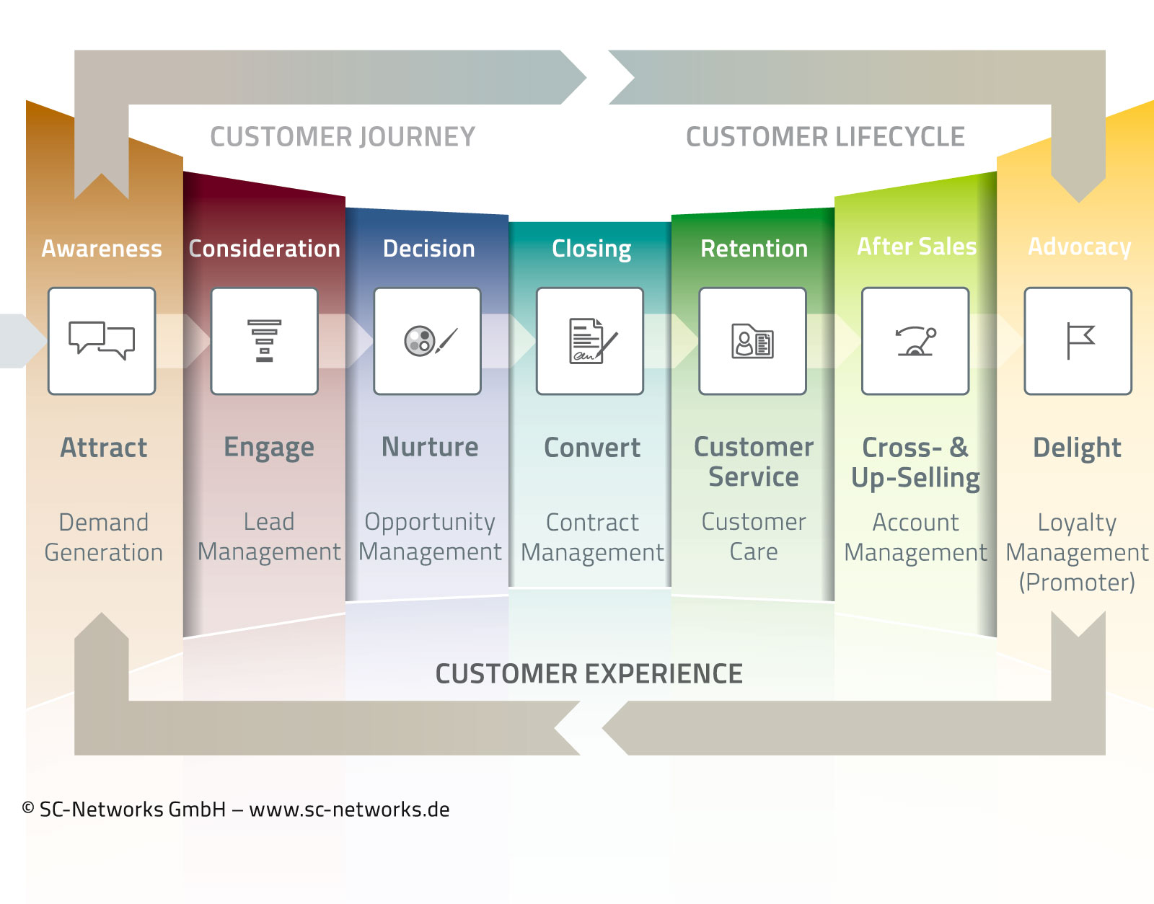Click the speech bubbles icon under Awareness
(102, 340)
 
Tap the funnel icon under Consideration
(265, 340)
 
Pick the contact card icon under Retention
(753, 341)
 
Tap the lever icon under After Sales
(915, 341)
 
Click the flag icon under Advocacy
(1079, 341)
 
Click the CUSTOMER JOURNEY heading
(343, 137)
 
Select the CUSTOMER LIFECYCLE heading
(825, 137)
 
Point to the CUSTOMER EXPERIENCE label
(589, 674)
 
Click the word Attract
(104, 448)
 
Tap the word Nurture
(430, 447)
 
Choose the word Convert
(592, 448)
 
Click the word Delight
(1077, 448)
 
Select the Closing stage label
(591, 249)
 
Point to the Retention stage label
(754, 249)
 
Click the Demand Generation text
(104, 537)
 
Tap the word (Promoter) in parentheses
(1077, 582)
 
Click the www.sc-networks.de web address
(349, 810)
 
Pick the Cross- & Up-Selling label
(915, 462)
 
